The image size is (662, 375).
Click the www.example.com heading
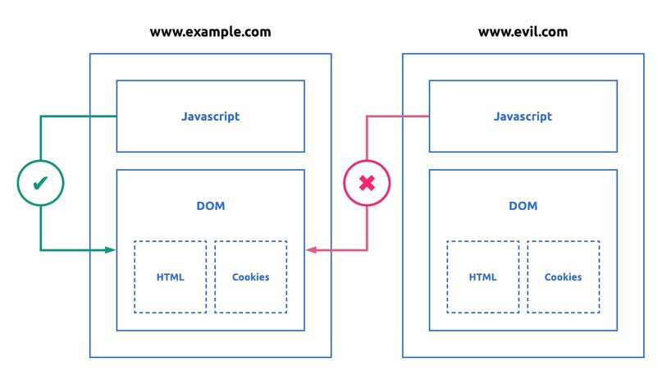tap(210, 32)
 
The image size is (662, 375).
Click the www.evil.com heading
tap(523, 32)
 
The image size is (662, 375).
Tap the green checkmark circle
tap(40, 183)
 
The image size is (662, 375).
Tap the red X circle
tap(367, 183)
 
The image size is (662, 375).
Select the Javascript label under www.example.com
tap(210, 117)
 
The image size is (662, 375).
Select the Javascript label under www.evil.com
tap(523, 117)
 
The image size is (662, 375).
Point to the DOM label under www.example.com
tap(211, 206)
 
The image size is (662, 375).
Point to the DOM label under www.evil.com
tap(523, 206)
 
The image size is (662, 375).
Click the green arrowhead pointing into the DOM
tap(111, 249)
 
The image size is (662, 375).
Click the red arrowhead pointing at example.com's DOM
tap(310, 249)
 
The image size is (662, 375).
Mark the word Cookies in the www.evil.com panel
tap(563, 277)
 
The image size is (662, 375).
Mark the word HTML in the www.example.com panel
tap(171, 277)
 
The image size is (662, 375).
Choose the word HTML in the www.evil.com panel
tap(483, 277)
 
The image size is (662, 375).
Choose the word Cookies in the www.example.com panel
tap(250, 277)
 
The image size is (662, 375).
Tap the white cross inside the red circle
tap(367, 183)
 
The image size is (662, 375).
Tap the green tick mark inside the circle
tap(40, 183)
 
